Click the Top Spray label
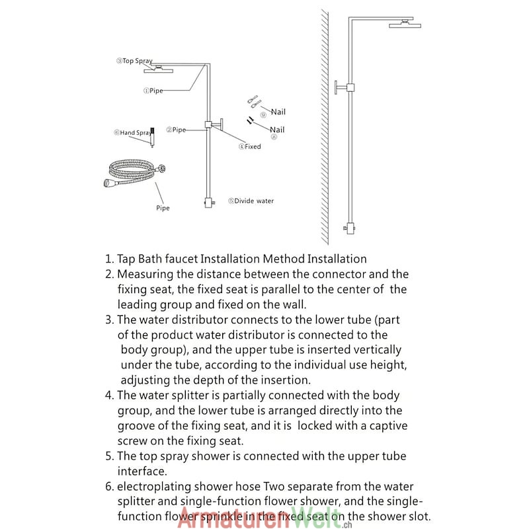136,61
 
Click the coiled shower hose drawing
132,175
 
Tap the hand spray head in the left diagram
152,136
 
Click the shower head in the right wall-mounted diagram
405,25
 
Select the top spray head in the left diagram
159,68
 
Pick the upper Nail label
278,112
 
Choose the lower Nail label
277,130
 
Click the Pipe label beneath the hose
163,208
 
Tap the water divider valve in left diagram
210,202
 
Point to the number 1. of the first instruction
109,259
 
